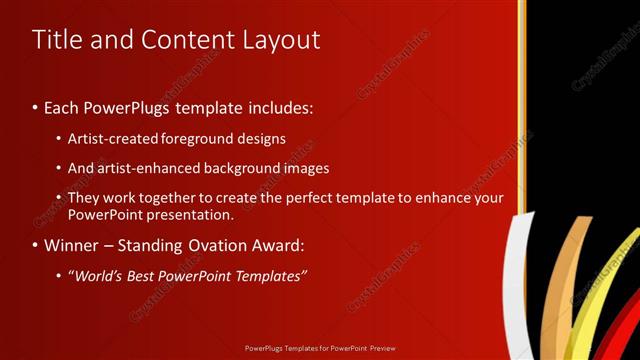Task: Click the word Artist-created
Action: [112, 138]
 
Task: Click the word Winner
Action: [71, 245]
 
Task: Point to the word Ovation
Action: [225, 245]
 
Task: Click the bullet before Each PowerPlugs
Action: [35, 107]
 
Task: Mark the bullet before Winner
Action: [35, 245]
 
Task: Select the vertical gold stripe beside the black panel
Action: [521, 100]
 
